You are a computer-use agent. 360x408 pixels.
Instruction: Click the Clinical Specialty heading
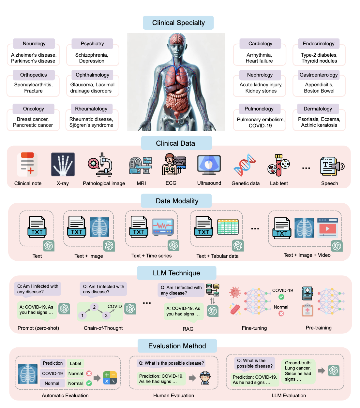(178, 23)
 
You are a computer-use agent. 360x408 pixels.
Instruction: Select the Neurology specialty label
(34, 44)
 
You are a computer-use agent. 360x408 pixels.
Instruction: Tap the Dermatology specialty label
(318, 109)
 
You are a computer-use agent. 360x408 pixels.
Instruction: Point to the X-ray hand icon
(63, 165)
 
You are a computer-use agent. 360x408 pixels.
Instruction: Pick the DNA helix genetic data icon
(245, 165)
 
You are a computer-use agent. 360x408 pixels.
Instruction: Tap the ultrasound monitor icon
(209, 165)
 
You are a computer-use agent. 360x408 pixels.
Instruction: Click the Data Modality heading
(177, 201)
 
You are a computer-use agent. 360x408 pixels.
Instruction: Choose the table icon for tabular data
(228, 227)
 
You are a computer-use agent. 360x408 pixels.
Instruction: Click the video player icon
(327, 228)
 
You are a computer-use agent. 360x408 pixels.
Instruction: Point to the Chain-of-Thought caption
(103, 328)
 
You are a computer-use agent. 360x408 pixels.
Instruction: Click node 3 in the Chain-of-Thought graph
(106, 315)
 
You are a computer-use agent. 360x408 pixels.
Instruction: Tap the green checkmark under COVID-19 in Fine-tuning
(281, 297)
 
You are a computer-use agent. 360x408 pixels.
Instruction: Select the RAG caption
(188, 329)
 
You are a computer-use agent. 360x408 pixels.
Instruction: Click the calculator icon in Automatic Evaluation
(110, 378)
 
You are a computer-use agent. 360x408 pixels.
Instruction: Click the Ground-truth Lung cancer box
(298, 371)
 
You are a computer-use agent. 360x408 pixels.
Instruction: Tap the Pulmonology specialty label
(259, 109)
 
